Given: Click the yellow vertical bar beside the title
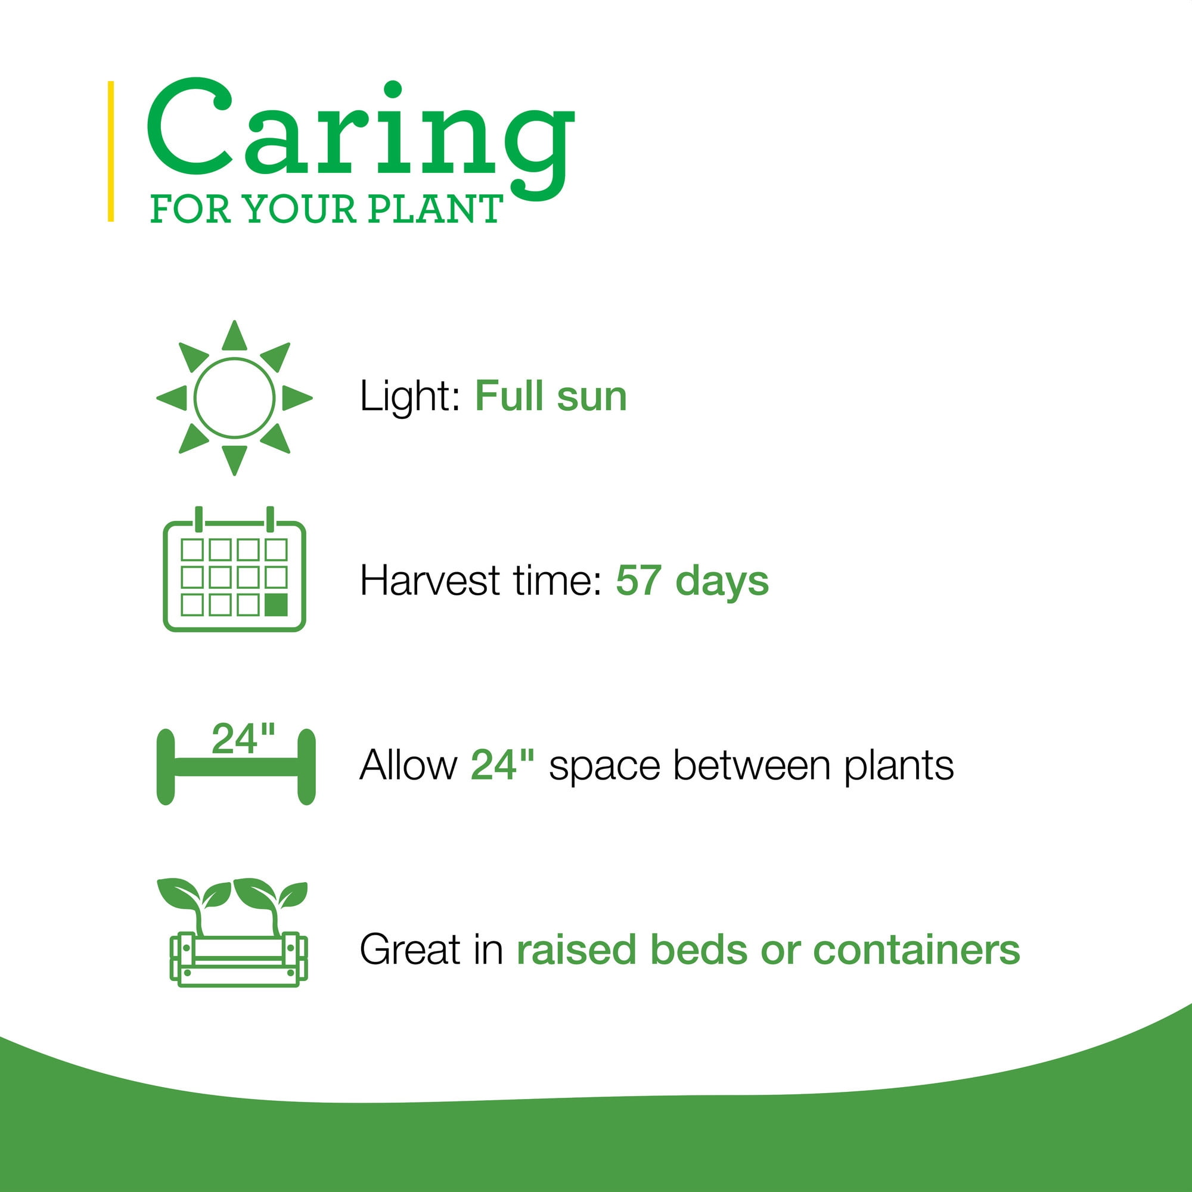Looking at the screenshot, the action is click(x=110, y=151).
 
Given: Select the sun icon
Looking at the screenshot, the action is click(x=234, y=398).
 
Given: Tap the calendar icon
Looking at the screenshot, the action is click(x=234, y=569).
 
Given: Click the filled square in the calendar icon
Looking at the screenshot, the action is click(x=277, y=604).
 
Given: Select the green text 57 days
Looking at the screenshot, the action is click(x=692, y=581).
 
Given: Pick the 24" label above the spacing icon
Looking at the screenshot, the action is click(x=243, y=738).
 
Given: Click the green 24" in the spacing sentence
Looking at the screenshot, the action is click(x=502, y=765).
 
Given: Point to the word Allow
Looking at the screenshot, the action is click(x=408, y=765).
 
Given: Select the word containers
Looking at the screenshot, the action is click(x=917, y=949).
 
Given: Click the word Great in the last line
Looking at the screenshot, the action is click(x=410, y=949).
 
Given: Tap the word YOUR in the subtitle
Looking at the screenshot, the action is click(x=300, y=209).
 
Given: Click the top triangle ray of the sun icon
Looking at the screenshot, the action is click(x=234, y=337).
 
